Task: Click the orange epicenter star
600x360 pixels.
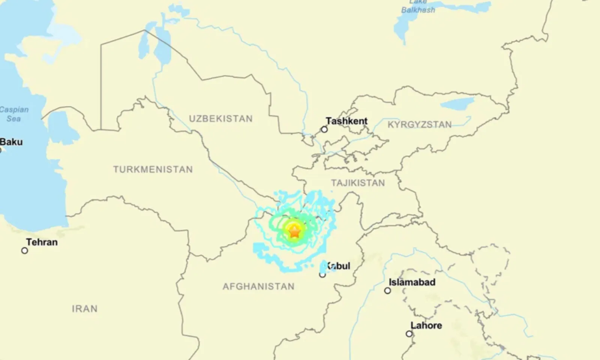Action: [x=295, y=232]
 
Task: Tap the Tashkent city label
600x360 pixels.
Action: [x=346, y=121]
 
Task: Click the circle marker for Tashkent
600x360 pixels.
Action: [x=324, y=130]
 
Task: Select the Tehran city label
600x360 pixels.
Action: [x=42, y=242]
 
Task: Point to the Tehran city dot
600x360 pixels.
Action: [x=25, y=250]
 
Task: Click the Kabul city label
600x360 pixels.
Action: [x=338, y=266]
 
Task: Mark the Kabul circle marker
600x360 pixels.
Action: [x=322, y=275]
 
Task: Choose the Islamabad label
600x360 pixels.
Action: [x=412, y=282]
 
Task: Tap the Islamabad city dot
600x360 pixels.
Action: [x=388, y=291]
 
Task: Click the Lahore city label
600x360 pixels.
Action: [x=426, y=325]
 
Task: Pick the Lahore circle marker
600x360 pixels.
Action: [x=409, y=334]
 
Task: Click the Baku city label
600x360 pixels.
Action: [x=11, y=142]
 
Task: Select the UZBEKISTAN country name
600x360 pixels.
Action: [x=220, y=119]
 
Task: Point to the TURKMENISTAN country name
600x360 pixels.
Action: [x=153, y=169]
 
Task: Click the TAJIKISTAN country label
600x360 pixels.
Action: [x=358, y=183]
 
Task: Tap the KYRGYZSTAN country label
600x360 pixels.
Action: [x=419, y=124]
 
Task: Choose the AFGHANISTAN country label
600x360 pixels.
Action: [x=258, y=287]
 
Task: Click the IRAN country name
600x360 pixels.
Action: [x=85, y=309]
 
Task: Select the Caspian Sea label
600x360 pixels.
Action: [x=14, y=114]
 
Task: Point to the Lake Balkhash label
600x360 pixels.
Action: [x=418, y=7]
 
